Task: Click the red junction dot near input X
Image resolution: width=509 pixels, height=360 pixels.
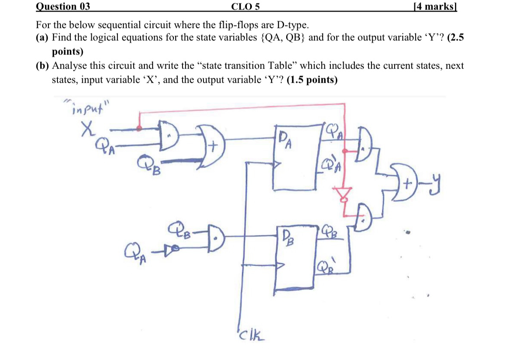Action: [139, 128]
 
